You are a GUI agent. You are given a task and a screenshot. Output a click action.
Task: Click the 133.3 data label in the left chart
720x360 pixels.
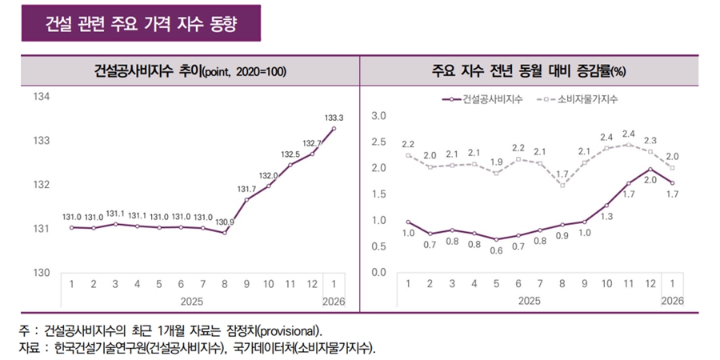tap(334, 118)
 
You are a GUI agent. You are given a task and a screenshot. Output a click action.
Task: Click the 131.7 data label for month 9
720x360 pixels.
tap(247, 189)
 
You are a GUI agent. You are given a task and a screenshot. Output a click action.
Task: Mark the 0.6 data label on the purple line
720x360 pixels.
tap(496, 250)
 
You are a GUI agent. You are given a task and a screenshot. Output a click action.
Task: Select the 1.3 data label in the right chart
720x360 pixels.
tap(606, 216)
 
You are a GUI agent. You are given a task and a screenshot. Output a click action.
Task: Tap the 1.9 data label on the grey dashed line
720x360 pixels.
tap(496, 162)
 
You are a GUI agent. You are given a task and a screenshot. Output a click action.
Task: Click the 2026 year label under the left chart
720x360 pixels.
tap(334, 301)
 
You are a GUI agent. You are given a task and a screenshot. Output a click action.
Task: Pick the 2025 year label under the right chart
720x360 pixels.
tap(529, 301)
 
